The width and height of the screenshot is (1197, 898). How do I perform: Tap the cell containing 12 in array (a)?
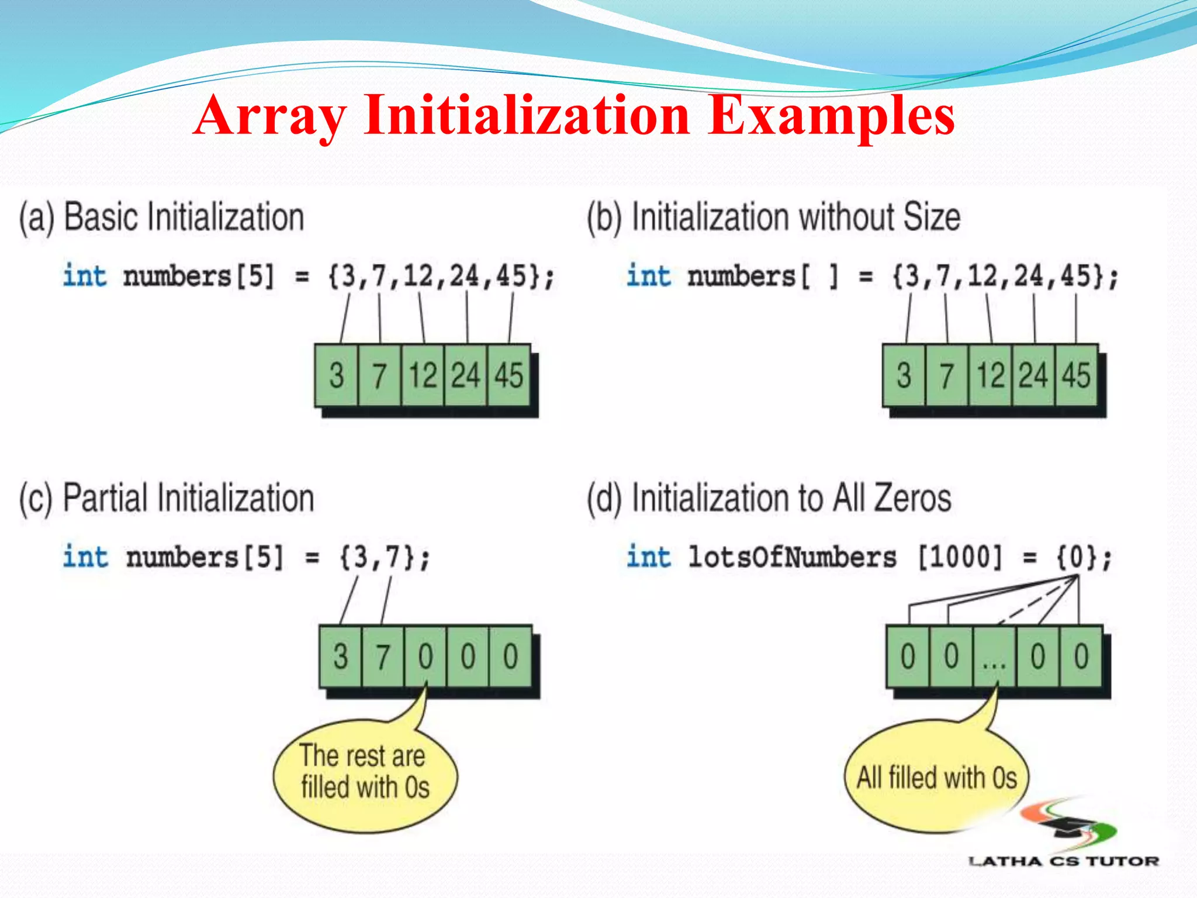click(423, 375)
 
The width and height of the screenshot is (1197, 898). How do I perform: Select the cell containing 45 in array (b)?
click(1076, 375)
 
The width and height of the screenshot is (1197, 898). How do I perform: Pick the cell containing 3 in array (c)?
click(341, 656)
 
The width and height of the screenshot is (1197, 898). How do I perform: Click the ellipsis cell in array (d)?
click(994, 656)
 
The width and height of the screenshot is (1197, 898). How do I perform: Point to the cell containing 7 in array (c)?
click(383, 656)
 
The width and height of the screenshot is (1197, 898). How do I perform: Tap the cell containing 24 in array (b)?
click(1033, 375)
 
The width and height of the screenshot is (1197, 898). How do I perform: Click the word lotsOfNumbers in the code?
click(792, 557)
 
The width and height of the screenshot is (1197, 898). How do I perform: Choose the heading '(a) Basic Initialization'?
click(161, 217)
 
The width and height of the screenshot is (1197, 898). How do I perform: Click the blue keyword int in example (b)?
click(648, 276)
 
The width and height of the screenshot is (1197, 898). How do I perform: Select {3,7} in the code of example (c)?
click(384, 557)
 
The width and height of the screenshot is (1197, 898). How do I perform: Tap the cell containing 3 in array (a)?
click(336, 375)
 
